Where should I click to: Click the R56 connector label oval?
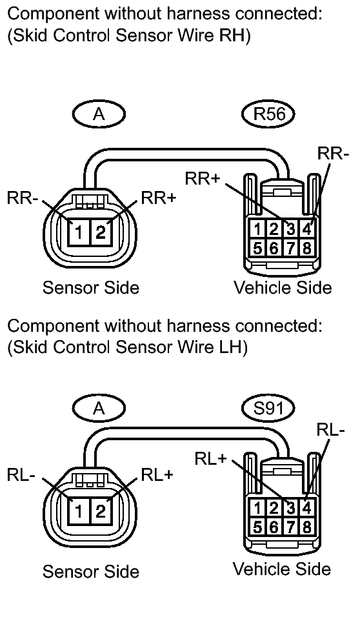click(268, 114)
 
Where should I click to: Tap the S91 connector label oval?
click(268, 408)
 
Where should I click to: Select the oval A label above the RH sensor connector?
click(99, 114)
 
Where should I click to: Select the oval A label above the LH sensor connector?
click(99, 408)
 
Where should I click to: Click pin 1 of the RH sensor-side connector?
click(79, 232)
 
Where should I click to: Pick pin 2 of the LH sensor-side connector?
click(101, 511)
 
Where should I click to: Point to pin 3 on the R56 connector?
click(290, 229)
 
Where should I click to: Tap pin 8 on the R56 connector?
click(306, 248)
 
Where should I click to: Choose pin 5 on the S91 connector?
click(257, 527)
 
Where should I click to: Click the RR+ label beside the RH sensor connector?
click(158, 198)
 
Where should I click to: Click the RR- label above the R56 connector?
click(333, 154)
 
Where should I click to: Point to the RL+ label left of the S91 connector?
click(211, 459)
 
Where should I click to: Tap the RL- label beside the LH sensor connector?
click(21, 475)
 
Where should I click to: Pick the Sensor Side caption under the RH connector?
click(91, 287)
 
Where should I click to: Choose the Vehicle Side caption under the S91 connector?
click(282, 569)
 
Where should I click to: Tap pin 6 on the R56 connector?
click(274, 248)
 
